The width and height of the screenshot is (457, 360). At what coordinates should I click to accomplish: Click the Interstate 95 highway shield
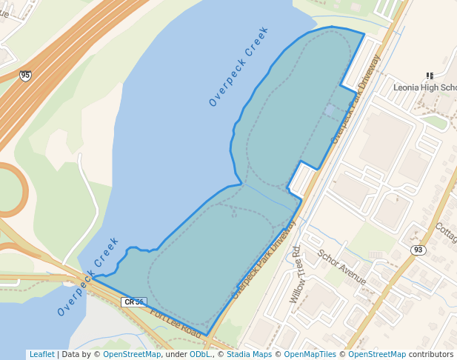pos(26,76)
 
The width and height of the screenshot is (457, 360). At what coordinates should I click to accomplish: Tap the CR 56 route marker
pos(134,302)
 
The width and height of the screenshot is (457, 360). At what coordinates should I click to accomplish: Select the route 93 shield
pos(418,250)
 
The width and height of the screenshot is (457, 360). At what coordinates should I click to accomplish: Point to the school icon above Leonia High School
pos(430,76)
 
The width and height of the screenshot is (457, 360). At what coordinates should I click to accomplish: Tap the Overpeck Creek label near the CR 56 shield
pos(88,276)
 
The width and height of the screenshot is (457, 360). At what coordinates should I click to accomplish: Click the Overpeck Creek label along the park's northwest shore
pos(238,67)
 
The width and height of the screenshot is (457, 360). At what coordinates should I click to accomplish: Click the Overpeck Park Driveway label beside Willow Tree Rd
pos(264,259)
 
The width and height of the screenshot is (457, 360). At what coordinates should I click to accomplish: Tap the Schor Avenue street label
pos(341,267)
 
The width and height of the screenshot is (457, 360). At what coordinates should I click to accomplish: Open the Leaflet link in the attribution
pos(41,354)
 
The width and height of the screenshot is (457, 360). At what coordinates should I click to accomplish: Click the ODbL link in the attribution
pos(200,354)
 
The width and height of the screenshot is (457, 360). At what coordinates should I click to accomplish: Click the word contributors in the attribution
pos(431,354)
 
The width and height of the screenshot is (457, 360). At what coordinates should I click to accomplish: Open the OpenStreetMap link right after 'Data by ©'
pos(132,354)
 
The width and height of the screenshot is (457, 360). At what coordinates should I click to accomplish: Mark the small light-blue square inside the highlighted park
pos(329,110)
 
